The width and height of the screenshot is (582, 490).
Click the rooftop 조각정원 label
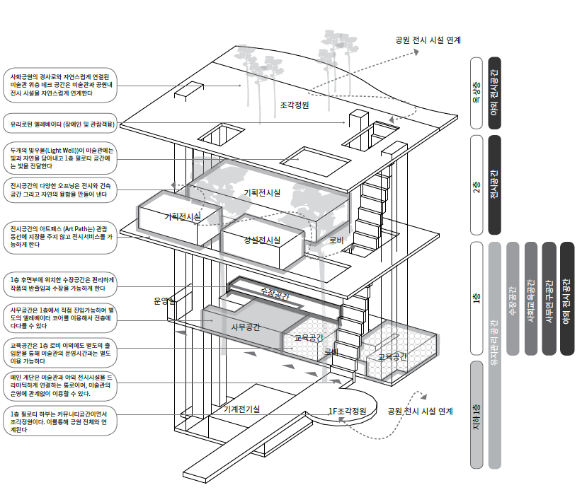pyautogui.click(x=294, y=105)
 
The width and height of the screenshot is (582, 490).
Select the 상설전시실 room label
pyautogui.click(x=262, y=240)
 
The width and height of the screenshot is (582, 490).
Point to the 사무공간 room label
pyautogui.click(x=246, y=327)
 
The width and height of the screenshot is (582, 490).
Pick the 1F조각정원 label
pyautogui.click(x=347, y=411)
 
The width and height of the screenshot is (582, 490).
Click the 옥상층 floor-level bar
pyautogui.click(x=477, y=93)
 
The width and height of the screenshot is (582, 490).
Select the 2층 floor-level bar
pyautogui.click(x=477, y=184)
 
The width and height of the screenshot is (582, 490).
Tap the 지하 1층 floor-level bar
pyautogui.click(x=477, y=414)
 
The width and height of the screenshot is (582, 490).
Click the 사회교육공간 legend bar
pyautogui.click(x=532, y=298)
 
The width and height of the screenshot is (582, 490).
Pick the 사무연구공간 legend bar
pyautogui.click(x=549, y=298)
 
